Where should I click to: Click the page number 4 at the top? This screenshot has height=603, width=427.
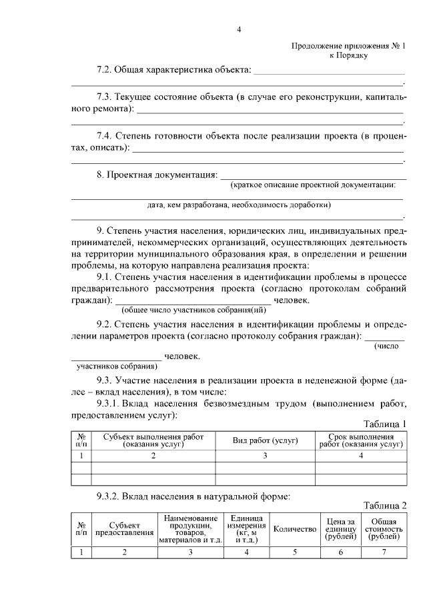pos(238,29)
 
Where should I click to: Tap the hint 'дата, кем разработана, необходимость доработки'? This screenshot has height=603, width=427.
pos(239,205)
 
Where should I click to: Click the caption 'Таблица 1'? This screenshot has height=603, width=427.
pos(384,424)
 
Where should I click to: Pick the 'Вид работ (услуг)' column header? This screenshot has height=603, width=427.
pos(265,440)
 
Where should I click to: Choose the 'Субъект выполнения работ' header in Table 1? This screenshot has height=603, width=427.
pos(153,440)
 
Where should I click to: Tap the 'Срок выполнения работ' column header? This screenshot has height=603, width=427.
pos(361,440)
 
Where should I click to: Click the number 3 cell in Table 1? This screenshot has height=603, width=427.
pos(265,456)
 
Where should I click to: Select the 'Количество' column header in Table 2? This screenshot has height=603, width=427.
pos(294,528)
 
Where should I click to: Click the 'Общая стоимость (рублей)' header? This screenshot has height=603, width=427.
pos(384,528)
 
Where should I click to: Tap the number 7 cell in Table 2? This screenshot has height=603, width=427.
pos(384,552)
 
